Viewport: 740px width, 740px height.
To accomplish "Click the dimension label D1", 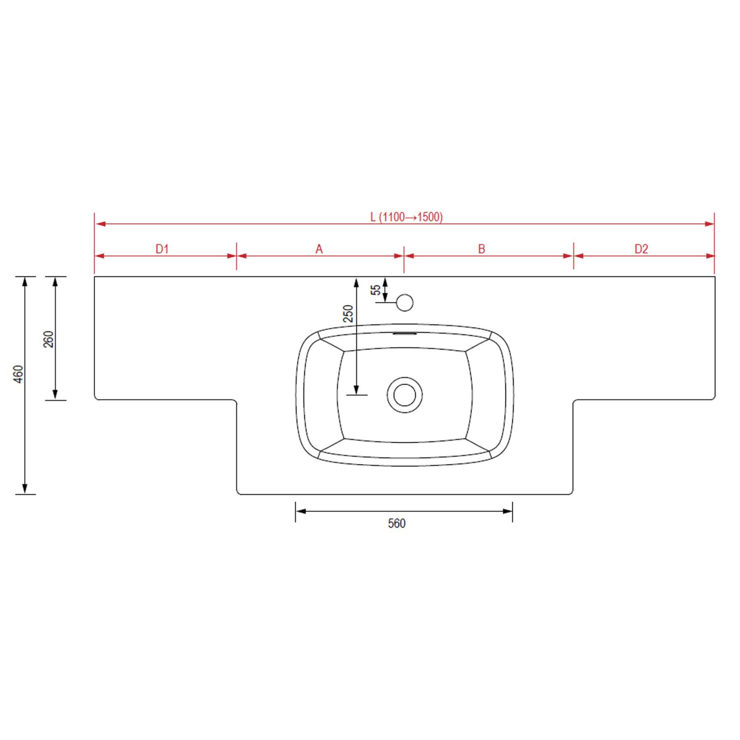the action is pyautogui.click(x=162, y=249).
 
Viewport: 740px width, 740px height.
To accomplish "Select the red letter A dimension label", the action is pyautogui.click(x=319, y=249).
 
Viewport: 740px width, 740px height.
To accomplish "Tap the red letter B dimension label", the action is pyautogui.click(x=481, y=249).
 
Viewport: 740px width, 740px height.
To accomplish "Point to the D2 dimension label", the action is pyautogui.click(x=641, y=249).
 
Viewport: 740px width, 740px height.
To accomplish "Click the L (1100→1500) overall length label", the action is pyautogui.click(x=406, y=217).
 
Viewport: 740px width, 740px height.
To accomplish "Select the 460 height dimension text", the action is pyautogui.click(x=19, y=374).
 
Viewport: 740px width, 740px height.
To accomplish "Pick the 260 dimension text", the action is pyautogui.click(x=49, y=339).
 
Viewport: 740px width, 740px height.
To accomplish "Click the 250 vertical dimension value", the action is pyautogui.click(x=348, y=313).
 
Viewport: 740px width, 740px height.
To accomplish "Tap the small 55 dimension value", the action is pyautogui.click(x=376, y=290).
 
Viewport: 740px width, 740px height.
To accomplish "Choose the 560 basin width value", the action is pyautogui.click(x=397, y=523).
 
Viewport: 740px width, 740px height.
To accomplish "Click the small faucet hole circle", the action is pyautogui.click(x=405, y=303).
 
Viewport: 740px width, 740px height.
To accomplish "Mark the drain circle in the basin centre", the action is pyautogui.click(x=405, y=395).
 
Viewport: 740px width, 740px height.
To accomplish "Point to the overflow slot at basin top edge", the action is pyautogui.click(x=405, y=334).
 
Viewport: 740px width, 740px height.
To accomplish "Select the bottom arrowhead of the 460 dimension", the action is pyautogui.click(x=25, y=488).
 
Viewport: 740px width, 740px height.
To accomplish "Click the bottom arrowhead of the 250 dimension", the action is pyautogui.click(x=356, y=389).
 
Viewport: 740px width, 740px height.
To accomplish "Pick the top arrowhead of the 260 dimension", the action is pyautogui.click(x=55, y=282).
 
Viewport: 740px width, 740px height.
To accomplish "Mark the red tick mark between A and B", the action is pyautogui.click(x=404, y=260).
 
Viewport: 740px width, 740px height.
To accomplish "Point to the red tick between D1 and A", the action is pyautogui.click(x=236, y=256).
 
